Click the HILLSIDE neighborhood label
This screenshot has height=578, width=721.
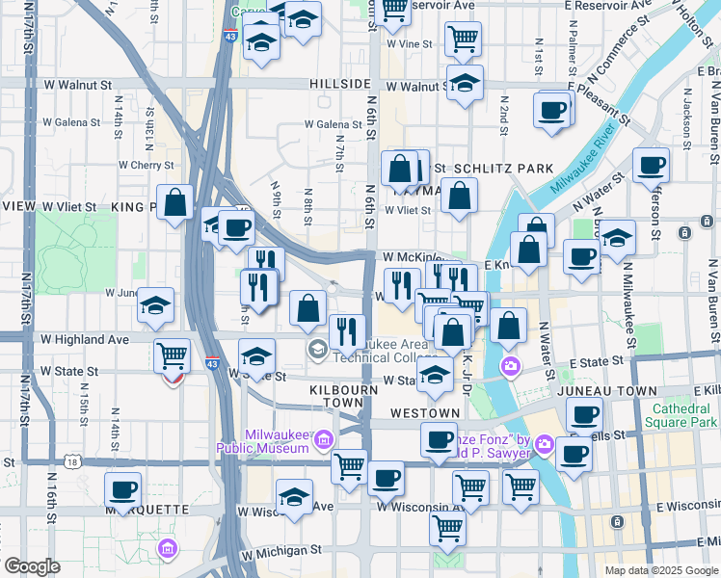[340, 85]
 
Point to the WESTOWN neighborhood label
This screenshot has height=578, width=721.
[425, 413]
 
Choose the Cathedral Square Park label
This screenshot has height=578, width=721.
[685, 415]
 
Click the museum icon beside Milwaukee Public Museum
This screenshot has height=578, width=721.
[323, 440]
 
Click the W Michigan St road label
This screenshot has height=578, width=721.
[281, 552]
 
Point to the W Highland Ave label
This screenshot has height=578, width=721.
[85, 339]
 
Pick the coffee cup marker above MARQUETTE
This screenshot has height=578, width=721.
[123, 489]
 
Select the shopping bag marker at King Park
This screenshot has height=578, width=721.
[174, 203]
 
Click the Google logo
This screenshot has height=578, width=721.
[33, 566]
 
